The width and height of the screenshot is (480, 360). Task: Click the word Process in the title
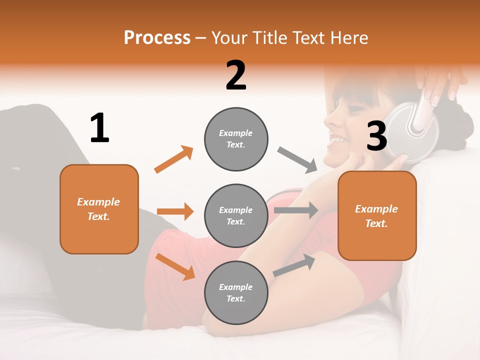[x=157, y=37]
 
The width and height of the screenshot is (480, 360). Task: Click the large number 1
[x=99, y=128]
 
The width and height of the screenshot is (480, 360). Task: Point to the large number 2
[x=236, y=75]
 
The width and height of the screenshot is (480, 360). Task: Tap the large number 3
[x=377, y=136]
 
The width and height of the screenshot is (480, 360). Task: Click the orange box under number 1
[x=99, y=209]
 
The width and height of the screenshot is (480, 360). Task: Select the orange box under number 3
[x=377, y=215]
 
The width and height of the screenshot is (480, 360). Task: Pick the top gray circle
[x=236, y=139]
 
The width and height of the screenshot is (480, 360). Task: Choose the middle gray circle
[x=236, y=216]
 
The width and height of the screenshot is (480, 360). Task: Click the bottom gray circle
[x=236, y=292]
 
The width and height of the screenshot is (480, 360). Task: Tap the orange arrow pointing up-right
[x=174, y=159]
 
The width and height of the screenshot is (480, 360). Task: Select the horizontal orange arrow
[x=175, y=211]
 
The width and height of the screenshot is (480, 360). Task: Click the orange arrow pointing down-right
[x=175, y=266]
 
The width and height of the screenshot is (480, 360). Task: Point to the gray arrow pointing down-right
[x=297, y=159]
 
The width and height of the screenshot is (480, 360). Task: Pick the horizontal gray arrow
[x=296, y=210]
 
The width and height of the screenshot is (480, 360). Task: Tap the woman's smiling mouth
[x=336, y=139]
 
